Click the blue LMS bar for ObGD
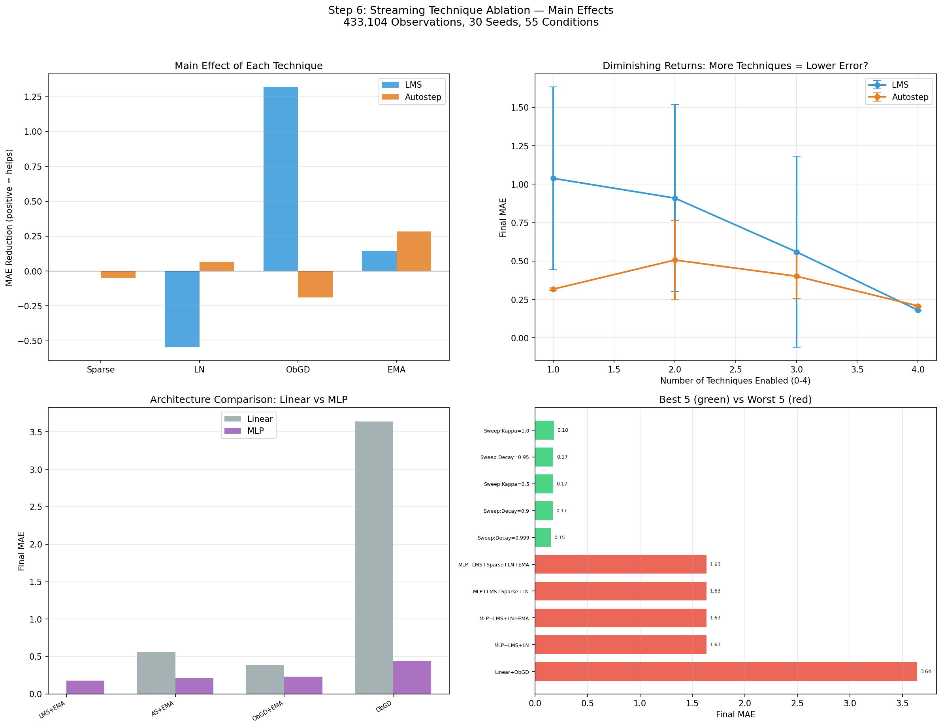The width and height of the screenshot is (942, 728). (x=281, y=179)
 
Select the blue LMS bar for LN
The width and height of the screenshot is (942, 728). (x=182, y=309)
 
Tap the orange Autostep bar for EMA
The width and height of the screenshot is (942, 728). (x=414, y=252)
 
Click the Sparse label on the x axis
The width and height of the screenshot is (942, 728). (x=100, y=370)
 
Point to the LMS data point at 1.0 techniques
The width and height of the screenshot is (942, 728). (x=553, y=178)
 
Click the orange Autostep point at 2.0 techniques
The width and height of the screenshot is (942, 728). (x=675, y=260)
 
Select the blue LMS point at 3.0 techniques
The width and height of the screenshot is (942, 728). (x=797, y=252)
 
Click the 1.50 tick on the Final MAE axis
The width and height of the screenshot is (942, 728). (x=520, y=107)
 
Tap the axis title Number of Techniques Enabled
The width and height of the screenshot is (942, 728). (x=735, y=381)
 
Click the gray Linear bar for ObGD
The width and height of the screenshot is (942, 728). (x=374, y=558)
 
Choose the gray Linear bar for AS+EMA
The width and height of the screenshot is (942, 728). (x=156, y=673)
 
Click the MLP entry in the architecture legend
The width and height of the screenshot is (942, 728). (x=255, y=431)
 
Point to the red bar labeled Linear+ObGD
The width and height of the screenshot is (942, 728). (x=726, y=672)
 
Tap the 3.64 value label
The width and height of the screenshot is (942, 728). (x=926, y=672)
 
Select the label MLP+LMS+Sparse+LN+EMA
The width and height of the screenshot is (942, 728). (x=494, y=564)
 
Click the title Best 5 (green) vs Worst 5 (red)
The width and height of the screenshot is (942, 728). (x=735, y=399)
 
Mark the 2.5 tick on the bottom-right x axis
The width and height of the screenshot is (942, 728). (x=797, y=704)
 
